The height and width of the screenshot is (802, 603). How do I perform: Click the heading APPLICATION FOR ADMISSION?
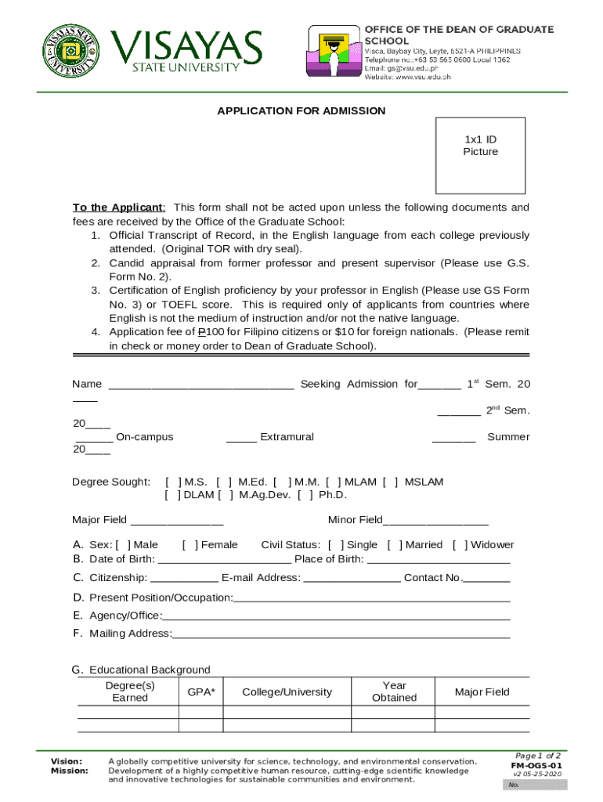tap(301, 111)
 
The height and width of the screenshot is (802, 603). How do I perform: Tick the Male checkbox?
tap(123, 545)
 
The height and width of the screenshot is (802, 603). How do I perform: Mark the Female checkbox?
tap(190, 545)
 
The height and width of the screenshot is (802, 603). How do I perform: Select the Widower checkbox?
tap(460, 545)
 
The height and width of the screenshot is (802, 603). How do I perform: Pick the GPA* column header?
tap(201, 692)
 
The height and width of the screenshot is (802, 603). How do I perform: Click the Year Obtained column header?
tap(394, 692)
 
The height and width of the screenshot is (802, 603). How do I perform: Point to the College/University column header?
tap(287, 692)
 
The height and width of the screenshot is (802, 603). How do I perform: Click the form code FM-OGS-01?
tap(536, 765)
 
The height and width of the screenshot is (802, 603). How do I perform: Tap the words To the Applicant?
tap(118, 208)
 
